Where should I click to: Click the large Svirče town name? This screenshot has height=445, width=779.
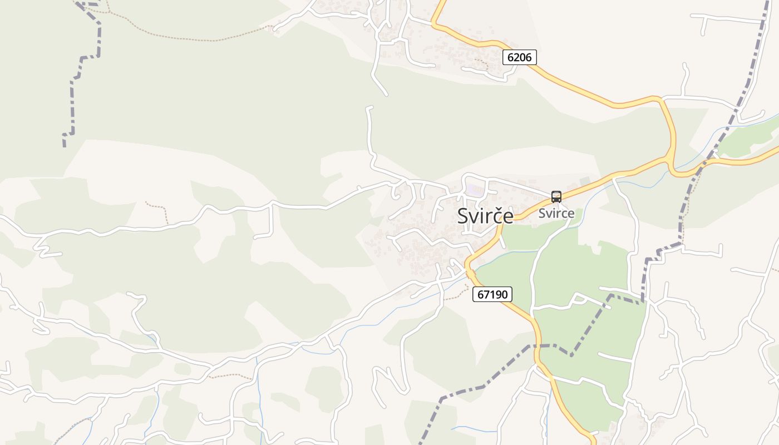click(x=485, y=216)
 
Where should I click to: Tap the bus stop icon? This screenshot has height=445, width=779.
click(x=556, y=196)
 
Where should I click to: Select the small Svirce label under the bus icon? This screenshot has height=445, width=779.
click(x=556, y=213)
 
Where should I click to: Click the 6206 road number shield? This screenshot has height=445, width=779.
click(x=519, y=57)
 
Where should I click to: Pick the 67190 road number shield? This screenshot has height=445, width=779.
click(x=492, y=294)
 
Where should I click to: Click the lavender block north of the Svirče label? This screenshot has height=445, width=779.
click(x=475, y=190)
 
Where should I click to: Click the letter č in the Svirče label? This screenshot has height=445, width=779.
click(x=492, y=216)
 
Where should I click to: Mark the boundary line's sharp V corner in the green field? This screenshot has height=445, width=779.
click(x=571, y=355)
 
